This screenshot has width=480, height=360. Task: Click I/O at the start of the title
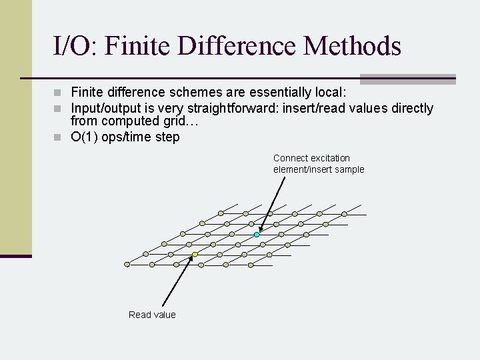[76, 46]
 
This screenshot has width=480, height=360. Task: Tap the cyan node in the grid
[257, 235]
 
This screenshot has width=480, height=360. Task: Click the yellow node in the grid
[195, 255]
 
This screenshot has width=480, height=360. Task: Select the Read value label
[152, 315]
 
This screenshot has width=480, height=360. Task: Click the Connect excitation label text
[311, 158]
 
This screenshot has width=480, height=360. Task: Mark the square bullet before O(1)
[58, 137]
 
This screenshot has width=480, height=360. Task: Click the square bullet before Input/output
[58, 108]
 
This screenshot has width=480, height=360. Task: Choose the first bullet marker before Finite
[58, 92]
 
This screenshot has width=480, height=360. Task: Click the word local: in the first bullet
[331, 92]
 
